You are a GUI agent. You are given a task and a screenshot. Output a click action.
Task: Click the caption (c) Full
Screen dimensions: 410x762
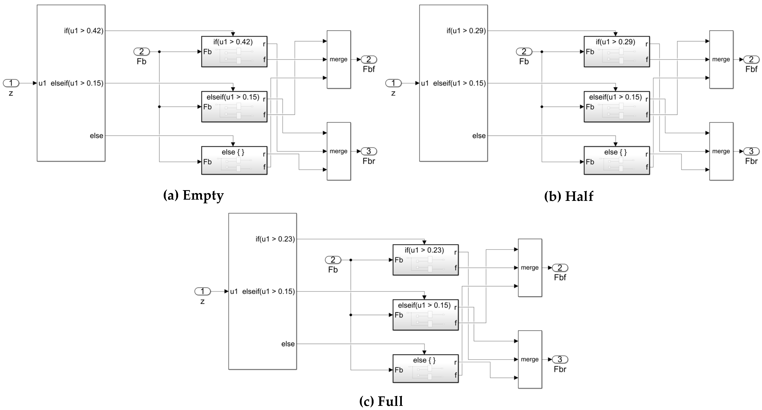pyautogui.click(x=381, y=401)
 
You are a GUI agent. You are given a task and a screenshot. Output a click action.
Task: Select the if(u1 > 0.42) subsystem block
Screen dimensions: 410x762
pyautogui.click(x=234, y=52)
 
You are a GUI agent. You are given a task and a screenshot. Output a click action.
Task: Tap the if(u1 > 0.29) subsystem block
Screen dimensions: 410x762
pyautogui.click(x=616, y=52)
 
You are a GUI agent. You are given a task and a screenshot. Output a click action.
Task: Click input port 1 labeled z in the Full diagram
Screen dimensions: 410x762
pyautogui.click(x=202, y=292)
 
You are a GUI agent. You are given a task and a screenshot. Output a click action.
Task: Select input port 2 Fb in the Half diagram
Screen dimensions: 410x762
pyautogui.click(x=524, y=52)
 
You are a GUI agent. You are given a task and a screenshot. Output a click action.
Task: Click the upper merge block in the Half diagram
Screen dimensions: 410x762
pyautogui.click(x=721, y=59)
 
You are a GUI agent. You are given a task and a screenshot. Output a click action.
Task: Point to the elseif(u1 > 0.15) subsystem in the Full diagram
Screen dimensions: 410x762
pyautogui.click(x=425, y=315)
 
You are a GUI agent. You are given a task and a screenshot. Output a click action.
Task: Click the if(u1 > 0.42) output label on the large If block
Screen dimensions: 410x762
pyautogui.click(x=84, y=31)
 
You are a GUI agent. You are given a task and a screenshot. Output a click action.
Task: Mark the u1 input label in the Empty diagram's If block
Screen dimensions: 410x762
pyautogui.click(x=42, y=83)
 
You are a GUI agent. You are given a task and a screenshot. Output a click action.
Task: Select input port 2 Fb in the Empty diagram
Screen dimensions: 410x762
pyautogui.click(x=141, y=52)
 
